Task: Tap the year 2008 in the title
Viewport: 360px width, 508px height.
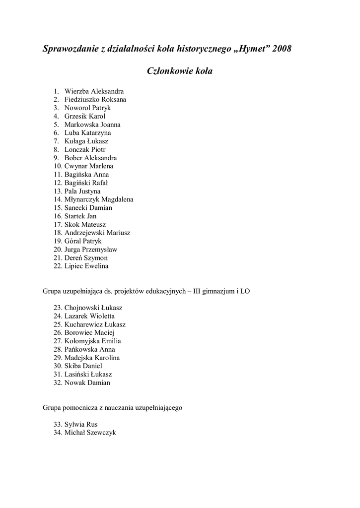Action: pos(282,49)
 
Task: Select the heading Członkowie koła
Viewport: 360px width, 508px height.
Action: pos(180,71)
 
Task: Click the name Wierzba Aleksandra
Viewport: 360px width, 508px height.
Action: pos(94,91)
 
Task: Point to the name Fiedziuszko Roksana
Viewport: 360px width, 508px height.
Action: pos(95,100)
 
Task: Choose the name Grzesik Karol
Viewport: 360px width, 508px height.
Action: pos(85,116)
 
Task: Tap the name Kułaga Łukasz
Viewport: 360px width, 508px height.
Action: pos(86,141)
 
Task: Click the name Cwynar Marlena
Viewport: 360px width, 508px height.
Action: pos(88,166)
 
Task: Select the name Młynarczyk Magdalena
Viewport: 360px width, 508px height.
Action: pos(99,199)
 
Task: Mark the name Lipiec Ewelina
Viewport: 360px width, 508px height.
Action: pos(86,266)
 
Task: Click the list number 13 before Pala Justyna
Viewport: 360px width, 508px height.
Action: pos(57,191)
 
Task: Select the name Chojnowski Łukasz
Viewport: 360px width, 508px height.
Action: pos(93,308)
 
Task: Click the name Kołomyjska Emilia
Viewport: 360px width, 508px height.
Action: pos(92,341)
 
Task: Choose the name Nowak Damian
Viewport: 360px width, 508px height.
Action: pos(87,382)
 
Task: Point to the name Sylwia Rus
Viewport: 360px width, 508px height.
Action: pos(81,424)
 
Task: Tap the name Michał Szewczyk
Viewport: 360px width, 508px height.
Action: pos(90,433)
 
